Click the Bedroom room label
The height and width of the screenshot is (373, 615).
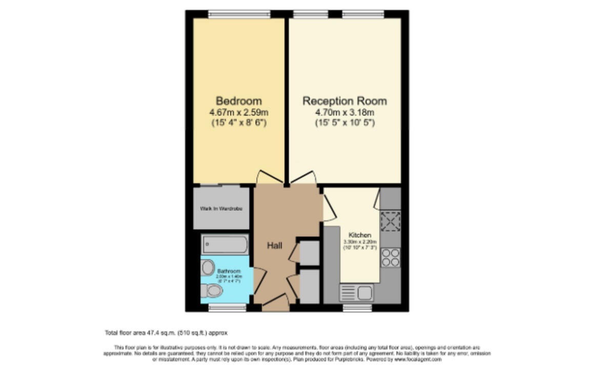[x=238, y=101]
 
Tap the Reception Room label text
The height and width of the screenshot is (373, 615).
[x=344, y=101]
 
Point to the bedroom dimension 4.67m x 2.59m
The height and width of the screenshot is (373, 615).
[x=238, y=112]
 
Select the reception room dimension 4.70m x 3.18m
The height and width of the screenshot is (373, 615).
[x=344, y=112]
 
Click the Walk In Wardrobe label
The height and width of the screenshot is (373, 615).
[x=221, y=209]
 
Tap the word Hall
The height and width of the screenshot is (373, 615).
[x=274, y=245]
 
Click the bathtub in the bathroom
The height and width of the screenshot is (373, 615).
[x=224, y=244]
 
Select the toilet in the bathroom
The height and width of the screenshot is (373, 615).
[x=211, y=291]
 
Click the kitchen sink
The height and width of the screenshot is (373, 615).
[x=357, y=293]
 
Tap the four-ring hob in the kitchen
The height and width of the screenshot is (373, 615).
[x=391, y=257]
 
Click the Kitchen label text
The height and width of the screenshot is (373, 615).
[x=360, y=235]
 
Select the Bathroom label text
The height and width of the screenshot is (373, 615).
[x=229, y=271]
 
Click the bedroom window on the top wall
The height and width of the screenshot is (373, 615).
[x=239, y=14]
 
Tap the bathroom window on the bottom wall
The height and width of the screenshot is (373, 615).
[x=228, y=307]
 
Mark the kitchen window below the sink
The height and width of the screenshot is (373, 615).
[x=357, y=307]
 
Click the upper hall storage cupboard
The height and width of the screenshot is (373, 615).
[x=309, y=253]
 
